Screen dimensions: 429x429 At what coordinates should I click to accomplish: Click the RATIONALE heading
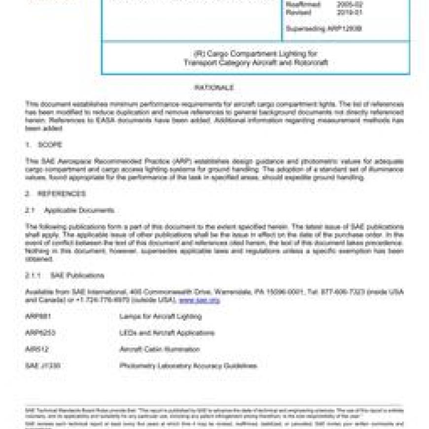[214, 88]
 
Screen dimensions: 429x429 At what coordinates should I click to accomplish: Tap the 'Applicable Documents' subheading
[79, 211]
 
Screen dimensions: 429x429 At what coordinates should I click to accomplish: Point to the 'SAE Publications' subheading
[77, 275]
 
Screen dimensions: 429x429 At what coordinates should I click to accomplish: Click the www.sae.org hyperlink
[199, 300]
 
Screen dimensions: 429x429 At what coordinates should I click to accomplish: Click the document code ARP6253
[40, 333]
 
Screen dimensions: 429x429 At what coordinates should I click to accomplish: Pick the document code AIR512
[36, 349]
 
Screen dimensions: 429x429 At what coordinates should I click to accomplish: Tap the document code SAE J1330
[42, 366]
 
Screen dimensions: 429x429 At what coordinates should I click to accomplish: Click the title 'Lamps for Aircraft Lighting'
[160, 317]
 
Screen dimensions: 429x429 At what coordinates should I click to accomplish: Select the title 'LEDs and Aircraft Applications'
[167, 333]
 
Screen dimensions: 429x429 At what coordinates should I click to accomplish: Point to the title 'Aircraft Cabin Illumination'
[159, 349]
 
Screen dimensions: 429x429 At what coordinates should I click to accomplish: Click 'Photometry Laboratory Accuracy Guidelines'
[188, 366]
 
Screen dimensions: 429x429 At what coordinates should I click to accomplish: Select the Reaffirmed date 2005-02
[349, 4]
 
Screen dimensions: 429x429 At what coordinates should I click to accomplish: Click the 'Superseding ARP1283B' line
[323, 29]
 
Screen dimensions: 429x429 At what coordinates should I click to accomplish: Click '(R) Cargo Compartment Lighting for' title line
[255, 53]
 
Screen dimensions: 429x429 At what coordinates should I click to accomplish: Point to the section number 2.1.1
[34, 275]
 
